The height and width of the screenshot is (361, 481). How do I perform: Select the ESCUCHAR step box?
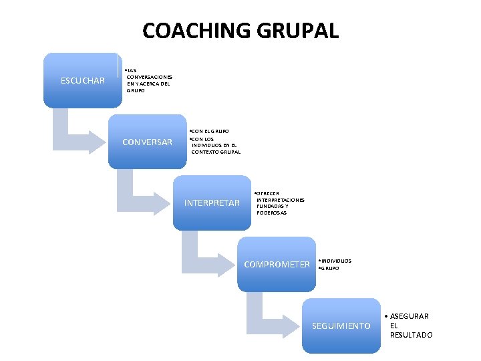[82, 81]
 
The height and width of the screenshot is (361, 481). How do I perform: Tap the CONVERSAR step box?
[147, 142]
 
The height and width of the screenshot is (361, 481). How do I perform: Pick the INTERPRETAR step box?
[211, 203]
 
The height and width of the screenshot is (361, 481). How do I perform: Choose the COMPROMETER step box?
[277, 264]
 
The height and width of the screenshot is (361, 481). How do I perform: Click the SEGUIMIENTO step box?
[341, 326]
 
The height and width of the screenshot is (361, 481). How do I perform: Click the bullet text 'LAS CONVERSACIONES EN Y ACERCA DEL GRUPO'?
[149, 80]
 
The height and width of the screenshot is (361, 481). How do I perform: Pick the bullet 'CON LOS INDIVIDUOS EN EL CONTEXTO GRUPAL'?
[216, 145]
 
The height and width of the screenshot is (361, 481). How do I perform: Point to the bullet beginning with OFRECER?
[280, 203]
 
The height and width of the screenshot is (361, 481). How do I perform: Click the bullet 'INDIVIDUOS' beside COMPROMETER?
[336, 260]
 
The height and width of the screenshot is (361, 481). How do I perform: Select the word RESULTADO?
[411, 335]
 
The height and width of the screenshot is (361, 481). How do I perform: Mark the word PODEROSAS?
[271, 213]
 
